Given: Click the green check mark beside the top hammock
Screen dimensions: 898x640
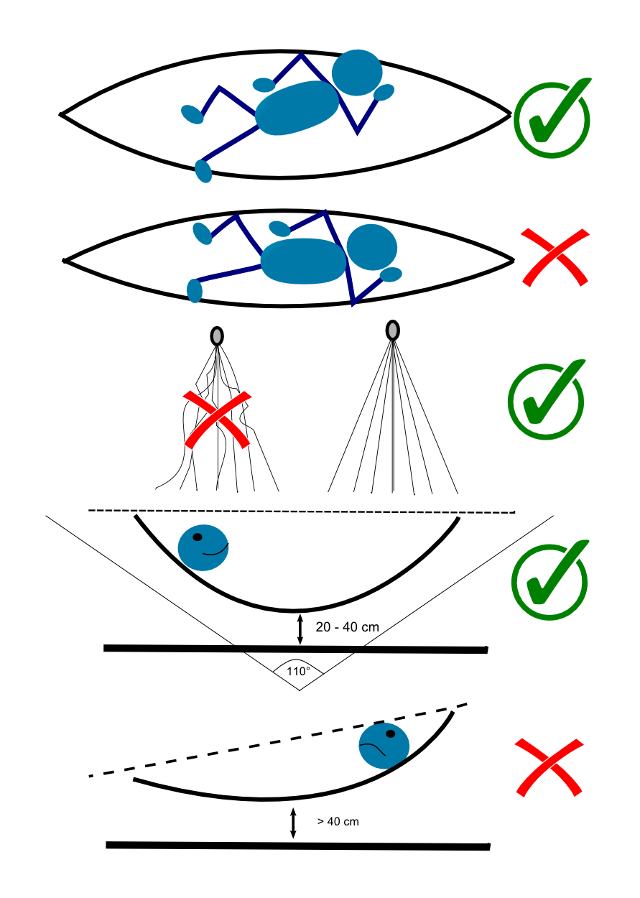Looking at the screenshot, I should (552, 119).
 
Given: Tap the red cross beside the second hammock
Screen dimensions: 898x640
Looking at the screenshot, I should (555, 257).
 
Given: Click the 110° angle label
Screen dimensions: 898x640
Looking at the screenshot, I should (299, 671).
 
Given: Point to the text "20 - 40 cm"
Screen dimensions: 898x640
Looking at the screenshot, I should (347, 627).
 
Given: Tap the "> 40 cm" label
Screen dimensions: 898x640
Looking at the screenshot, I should (338, 821).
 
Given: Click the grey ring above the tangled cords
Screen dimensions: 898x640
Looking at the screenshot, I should (217, 335).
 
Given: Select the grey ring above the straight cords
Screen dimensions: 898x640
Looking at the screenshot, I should (392, 330).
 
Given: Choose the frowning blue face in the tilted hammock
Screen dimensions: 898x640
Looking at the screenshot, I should (384, 746).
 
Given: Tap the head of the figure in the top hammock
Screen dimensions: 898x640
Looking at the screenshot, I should (357, 73).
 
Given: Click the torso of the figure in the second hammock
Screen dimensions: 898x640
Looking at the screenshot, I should (304, 260).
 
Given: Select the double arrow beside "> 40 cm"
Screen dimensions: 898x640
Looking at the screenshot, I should (293, 823).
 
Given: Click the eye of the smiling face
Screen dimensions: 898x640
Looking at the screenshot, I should (198, 537).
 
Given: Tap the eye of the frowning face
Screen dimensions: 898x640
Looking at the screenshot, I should (391, 734).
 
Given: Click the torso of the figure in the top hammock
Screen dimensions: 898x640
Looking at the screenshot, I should (297, 108).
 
